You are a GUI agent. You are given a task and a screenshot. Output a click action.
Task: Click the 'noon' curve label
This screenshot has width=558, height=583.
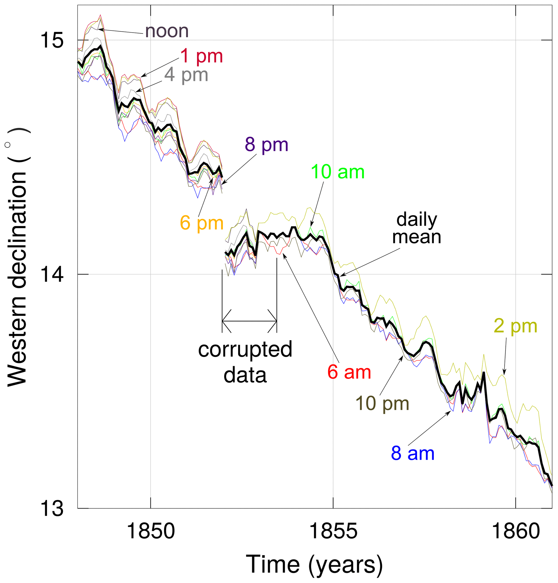167,31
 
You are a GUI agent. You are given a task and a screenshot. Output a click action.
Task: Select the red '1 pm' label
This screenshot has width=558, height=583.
201,56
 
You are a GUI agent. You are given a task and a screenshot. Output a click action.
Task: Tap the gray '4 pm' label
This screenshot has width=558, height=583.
186,75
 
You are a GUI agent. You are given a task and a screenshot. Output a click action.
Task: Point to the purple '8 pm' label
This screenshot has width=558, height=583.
266,145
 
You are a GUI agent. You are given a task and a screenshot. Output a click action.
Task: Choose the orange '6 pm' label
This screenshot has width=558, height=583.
201,223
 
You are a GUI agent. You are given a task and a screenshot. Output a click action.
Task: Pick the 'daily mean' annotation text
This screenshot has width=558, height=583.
417,228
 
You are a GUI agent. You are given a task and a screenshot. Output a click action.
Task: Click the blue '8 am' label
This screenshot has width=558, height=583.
412,453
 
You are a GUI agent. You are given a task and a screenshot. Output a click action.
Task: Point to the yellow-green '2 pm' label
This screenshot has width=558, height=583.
515,326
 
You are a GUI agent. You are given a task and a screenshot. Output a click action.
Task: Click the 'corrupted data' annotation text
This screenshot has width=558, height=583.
245,362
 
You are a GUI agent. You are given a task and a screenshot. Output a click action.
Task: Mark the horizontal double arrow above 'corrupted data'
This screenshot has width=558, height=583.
249,321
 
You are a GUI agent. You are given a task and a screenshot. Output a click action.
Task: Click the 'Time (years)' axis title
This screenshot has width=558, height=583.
314,564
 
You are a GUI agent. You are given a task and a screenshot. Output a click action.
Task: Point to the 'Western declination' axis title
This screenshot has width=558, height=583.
17,257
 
